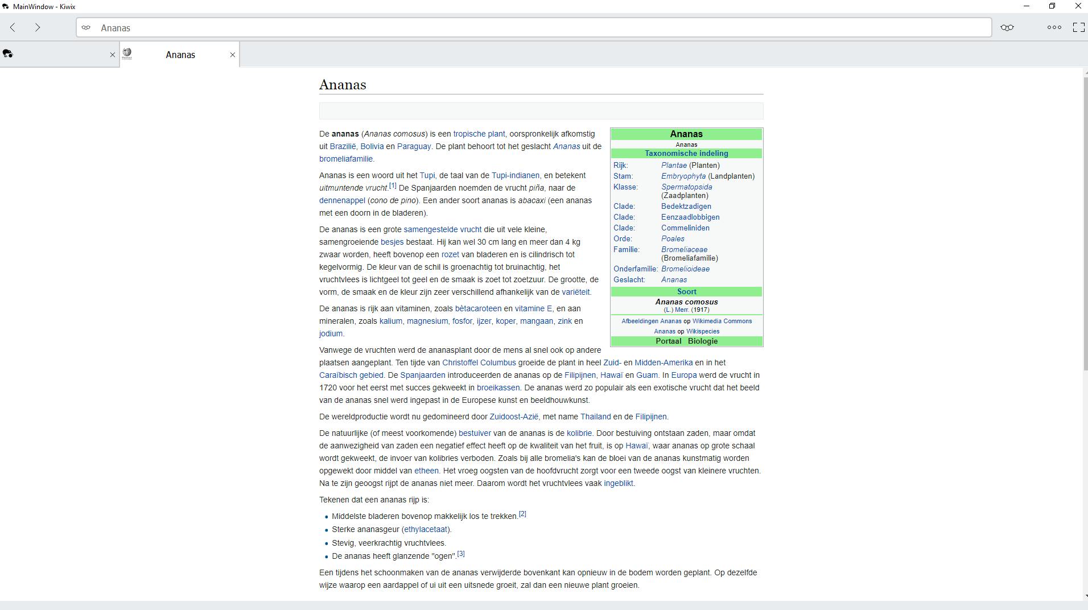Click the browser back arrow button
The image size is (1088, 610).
pos(13,27)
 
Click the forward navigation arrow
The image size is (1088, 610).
pos(38,27)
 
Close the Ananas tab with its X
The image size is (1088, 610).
pos(232,55)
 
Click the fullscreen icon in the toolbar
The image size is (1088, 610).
pos(1078,27)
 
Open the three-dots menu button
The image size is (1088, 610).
pos(1054,27)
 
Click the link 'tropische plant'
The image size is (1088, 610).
pos(479,134)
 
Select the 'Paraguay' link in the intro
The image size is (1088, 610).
pos(414,146)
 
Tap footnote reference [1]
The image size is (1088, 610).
pos(393,186)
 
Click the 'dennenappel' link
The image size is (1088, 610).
pos(342,200)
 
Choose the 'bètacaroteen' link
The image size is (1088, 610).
pos(478,308)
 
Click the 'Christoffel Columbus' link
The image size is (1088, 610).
pos(479,362)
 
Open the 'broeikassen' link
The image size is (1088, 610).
pos(498,388)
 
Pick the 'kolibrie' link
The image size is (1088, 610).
pos(579,433)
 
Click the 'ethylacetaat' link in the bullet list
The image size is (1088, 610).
pos(426,529)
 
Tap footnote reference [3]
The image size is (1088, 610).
pos(461,554)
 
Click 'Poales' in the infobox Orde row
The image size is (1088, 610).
pos(673,238)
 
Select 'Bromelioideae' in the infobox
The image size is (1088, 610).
pos(685,269)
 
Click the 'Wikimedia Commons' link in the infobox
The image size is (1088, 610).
pos(722,321)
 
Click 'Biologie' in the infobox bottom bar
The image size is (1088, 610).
pos(702,341)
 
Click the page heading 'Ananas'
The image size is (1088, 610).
pos(343,85)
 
